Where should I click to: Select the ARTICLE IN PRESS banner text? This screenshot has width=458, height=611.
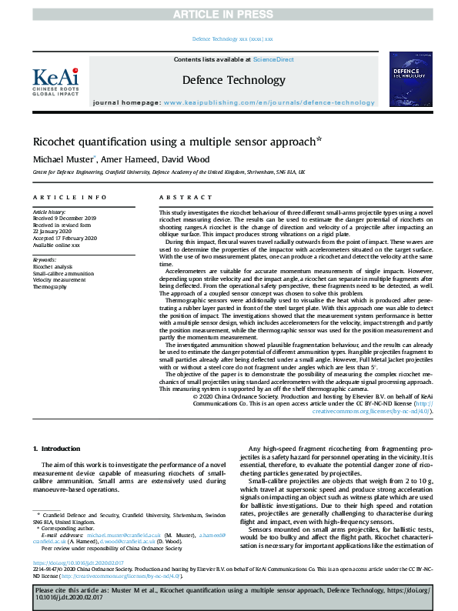pos(229,14)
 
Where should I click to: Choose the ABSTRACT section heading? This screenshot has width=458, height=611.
pos(179,198)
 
